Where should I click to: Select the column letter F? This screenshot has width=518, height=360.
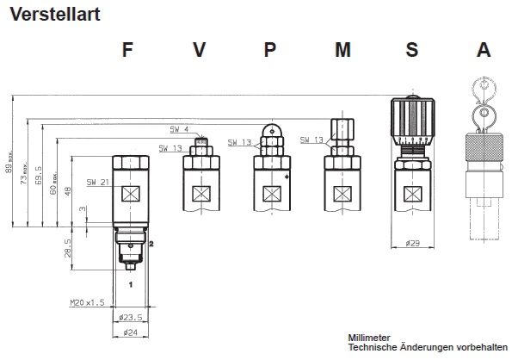tap(128, 50)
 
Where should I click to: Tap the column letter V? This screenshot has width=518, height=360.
tap(199, 50)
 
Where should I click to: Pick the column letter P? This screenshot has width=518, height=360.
tap(270, 50)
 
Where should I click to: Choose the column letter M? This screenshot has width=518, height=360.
tap(342, 50)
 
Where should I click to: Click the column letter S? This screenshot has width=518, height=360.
tap(412, 50)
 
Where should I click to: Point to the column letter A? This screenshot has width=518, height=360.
tap(483, 50)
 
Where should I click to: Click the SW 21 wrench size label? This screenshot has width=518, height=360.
tap(97, 183)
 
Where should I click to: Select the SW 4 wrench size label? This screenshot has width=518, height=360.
tap(179, 129)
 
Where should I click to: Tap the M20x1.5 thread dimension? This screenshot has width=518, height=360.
tap(86, 302)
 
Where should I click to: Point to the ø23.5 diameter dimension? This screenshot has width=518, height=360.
tap(130, 316)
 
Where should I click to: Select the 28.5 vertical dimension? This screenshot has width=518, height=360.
tap(65, 250)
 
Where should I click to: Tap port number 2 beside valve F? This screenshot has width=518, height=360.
tap(151, 245)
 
